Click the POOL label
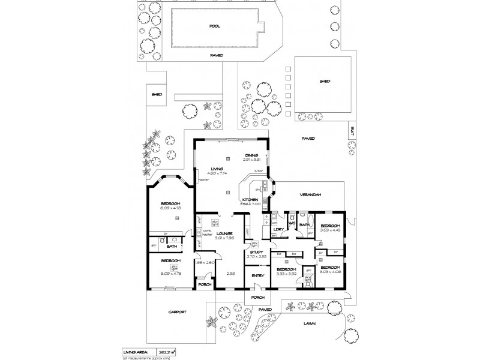click(x=215, y=27)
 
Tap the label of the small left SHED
click(x=157, y=94)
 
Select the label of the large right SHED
click(x=325, y=82)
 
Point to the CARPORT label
click(x=178, y=312)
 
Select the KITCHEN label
click(x=250, y=199)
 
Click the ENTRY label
click(x=257, y=275)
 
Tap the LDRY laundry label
click(x=278, y=229)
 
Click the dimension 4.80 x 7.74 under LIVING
click(x=217, y=173)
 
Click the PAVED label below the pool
click(x=217, y=55)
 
